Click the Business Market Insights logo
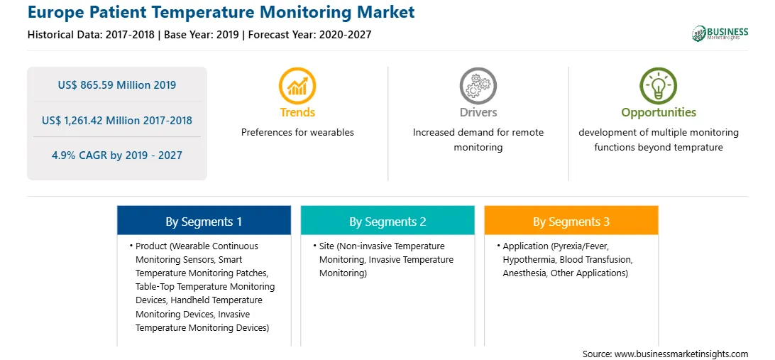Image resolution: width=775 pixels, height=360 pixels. (720, 33)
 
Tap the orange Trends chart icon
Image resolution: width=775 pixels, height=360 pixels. (297, 85)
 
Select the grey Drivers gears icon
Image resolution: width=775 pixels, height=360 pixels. (478, 85)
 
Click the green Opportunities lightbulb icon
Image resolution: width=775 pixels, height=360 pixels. (659, 85)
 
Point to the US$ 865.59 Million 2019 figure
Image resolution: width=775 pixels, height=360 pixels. (116, 85)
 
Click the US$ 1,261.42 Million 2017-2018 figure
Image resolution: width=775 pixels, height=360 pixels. (116, 120)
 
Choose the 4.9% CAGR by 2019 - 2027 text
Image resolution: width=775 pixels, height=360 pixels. (116, 156)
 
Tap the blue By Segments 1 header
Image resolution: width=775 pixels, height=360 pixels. (204, 222)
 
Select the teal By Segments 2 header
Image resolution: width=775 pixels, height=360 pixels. (387, 222)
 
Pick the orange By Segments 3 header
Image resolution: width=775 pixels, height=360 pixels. (571, 222)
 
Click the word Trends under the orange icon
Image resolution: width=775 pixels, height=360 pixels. (297, 112)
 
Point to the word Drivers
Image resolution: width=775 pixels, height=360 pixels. (478, 112)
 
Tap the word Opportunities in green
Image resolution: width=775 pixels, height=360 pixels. (659, 113)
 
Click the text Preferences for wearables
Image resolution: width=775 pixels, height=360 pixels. (297, 133)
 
